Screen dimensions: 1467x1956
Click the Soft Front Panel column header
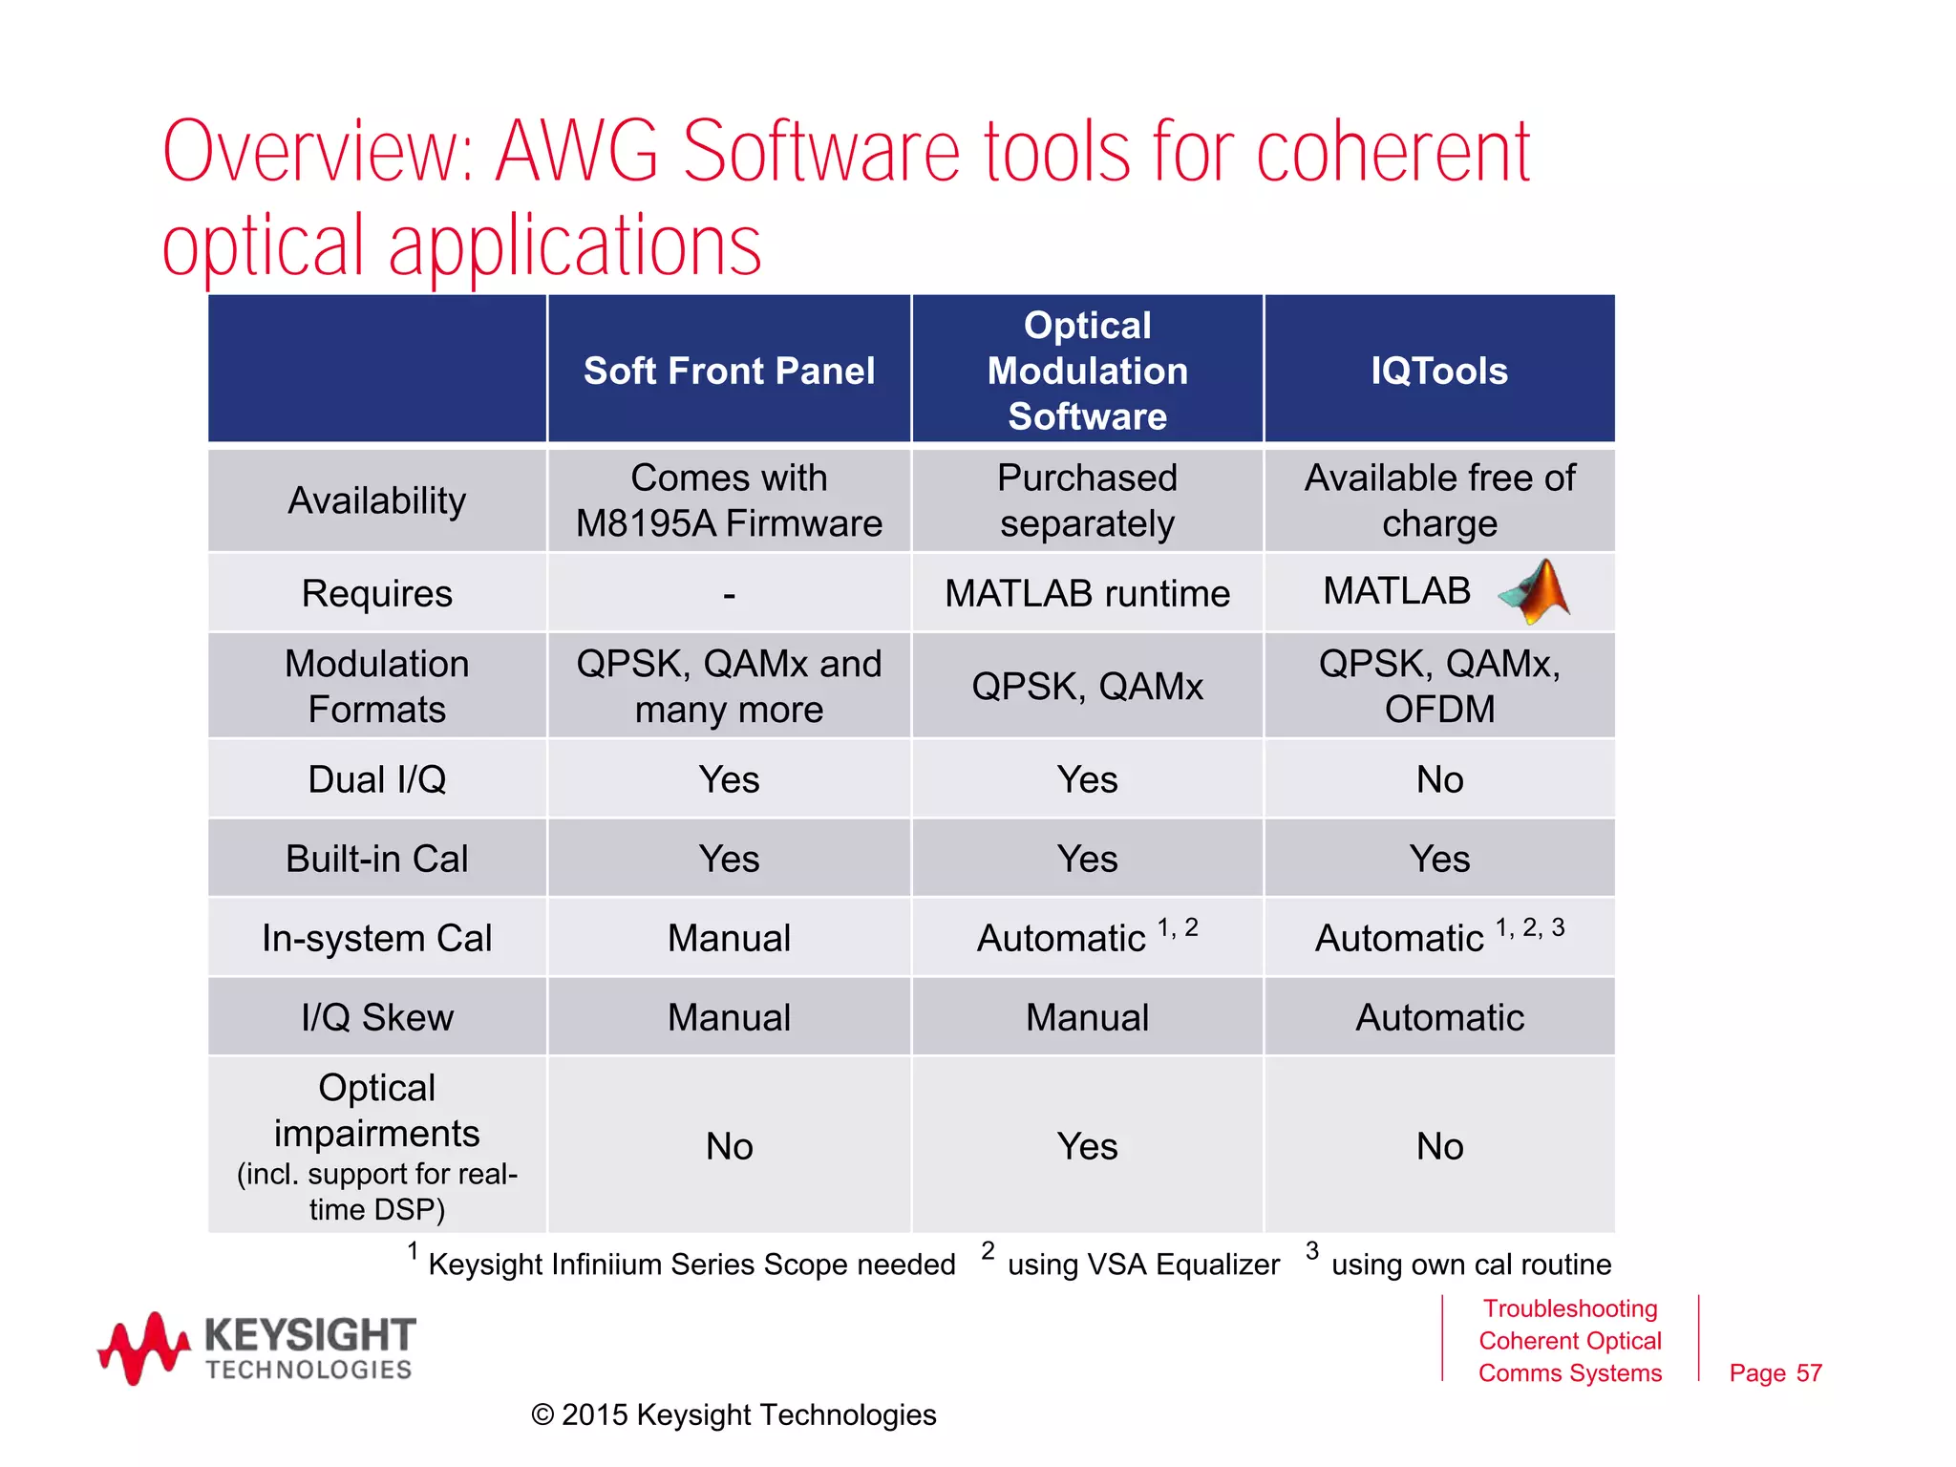coord(729,371)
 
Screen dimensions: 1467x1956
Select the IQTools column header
coord(1439,371)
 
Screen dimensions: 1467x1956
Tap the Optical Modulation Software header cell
coord(1087,371)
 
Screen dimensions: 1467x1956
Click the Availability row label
coord(377,500)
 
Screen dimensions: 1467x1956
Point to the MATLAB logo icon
coord(1535,592)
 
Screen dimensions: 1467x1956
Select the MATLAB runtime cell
coord(1087,594)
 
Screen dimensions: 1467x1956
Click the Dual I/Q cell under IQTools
coord(1439,779)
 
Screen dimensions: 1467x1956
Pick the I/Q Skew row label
coord(377,1017)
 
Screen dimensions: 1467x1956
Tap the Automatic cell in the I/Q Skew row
coord(1439,1017)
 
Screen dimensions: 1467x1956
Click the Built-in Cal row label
coord(377,859)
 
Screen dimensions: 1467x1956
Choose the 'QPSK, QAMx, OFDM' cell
coord(1439,687)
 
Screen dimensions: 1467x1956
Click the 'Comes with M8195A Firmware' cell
coord(729,500)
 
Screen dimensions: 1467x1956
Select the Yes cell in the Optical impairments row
coord(1087,1146)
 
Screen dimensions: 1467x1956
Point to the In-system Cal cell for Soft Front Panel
coord(729,938)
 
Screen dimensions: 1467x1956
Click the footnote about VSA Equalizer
coord(1142,1265)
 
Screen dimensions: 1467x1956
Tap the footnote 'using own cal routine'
coord(1470,1265)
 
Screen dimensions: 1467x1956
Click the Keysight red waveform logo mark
coord(143,1348)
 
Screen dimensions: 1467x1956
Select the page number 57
coord(1775,1373)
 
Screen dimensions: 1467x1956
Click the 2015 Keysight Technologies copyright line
coord(733,1414)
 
